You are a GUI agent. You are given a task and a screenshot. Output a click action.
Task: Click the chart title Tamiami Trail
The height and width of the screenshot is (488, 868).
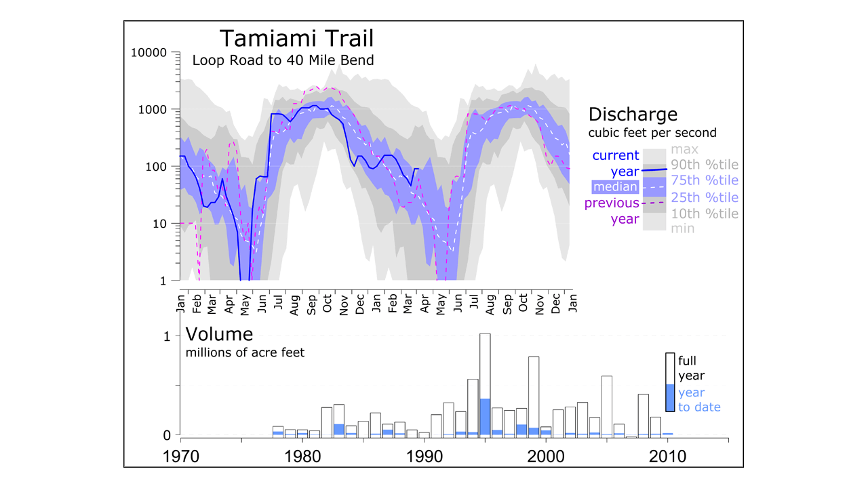pyautogui.click(x=296, y=39)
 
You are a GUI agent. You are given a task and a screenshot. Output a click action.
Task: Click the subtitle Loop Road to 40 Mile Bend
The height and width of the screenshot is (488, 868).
pyautogui.click(x=283, y=60)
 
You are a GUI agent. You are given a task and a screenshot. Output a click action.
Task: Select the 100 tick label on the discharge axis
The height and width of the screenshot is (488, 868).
pyautogui.click(x=156, y=167)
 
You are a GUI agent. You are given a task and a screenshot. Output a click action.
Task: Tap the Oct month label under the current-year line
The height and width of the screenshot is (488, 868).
pyautogui.click(x=328, y=303)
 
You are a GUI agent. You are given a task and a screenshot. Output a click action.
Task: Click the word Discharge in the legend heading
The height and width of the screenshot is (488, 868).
pyautogui.click(x=633, y=115)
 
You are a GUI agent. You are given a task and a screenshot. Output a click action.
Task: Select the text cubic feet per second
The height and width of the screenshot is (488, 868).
pyautogui.click(x=652, y=133)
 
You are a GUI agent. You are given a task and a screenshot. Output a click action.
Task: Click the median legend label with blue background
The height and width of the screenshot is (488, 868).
pyautogui.click(x=615, y=187)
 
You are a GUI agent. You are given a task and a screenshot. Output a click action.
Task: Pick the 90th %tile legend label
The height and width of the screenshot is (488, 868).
pyautogui.click(x=705, y=165)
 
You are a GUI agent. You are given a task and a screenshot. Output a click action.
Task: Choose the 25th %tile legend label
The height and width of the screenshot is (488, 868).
pyautogui.click(x=705, y=197)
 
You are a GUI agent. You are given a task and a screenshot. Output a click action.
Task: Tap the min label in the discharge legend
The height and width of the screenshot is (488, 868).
pyautogui.click(x=682, y=228)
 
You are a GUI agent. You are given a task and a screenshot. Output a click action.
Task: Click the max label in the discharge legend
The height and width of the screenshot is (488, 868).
pyautogui.click(x=684, y=149)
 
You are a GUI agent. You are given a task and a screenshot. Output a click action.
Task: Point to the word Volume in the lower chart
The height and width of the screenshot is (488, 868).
pyautogui.click(x=219, y=334)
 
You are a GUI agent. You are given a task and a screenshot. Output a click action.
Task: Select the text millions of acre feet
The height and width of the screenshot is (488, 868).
pyautogui.click(x=245, y=352)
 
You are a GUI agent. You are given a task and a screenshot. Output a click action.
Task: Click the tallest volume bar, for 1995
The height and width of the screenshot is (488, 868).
pyautogui.click(x=485, y=386)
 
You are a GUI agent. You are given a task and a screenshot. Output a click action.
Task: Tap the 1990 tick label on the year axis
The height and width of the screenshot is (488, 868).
pyautogui.click(x=425, y=457)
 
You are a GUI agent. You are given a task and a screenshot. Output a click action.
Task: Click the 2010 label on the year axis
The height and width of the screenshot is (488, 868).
pyautogui.click(x=667, y=457)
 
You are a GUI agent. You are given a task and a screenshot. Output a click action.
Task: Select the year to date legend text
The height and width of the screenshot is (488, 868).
pyautogui.click(x=699, y=400)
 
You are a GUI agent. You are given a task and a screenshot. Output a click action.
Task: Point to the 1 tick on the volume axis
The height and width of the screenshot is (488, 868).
pyautogui.click(x=167, y=336)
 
